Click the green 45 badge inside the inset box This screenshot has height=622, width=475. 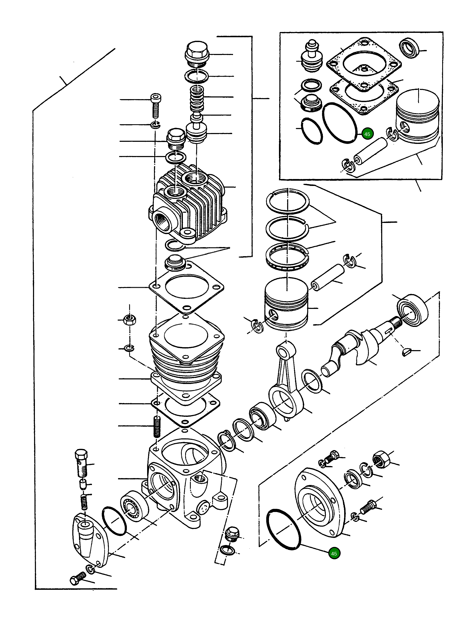[x=367, y=134]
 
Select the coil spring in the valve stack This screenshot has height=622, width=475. [x=197, y=98]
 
